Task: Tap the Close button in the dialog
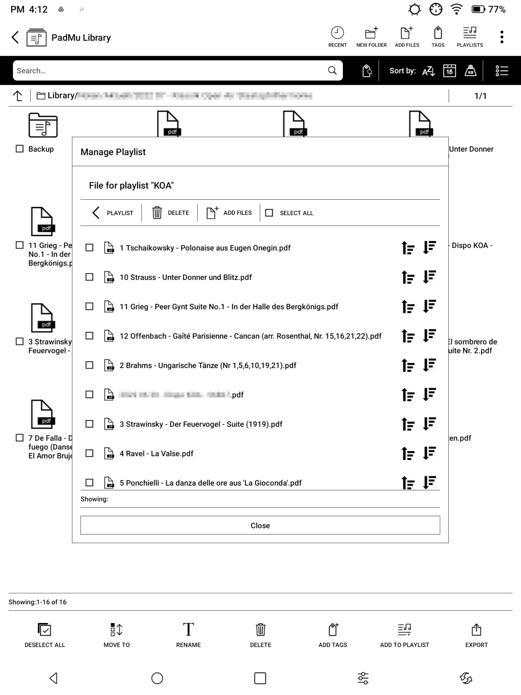pyautogui.click(x=260, y=525)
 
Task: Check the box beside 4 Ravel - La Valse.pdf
pyautogui.click(x=89, y=453)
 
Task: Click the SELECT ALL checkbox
pyautogui.click(x=269, y=213)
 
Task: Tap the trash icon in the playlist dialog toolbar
pyautogui.click(x=157, y=213)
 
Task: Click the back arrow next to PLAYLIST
pyautogui.click(x=96, y=213)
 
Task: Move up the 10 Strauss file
pyautogui.click(x=408, y=277)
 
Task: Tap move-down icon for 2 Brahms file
pyautogui.click(x=430, y=365)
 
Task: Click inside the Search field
pyautogui.click(x=168, y=71)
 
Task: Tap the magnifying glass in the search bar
pyautogui.click(x=332, y=71)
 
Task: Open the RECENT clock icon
pyautogui.click(x=337, y=33)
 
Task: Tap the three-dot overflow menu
pyautogui.click(x=502, y=37)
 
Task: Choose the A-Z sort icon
pyautogui.click(x=428, y=71)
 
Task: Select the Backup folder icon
pyautogui.click(x=43, y=125)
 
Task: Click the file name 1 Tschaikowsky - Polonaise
pyautogui.click(x=205, y=248)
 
